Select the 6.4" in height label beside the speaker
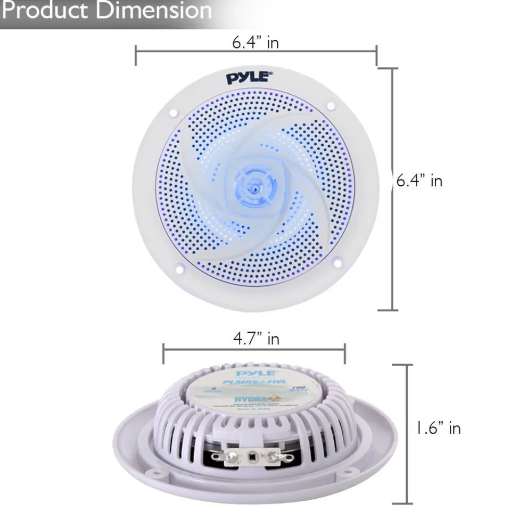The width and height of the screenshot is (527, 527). click(x=419, y=181)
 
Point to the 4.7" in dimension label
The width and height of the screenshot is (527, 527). click(x=256, y=339)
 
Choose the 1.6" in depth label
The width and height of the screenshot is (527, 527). click(x=439, y=427)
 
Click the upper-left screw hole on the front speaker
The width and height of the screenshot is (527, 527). click(x=174, y=113)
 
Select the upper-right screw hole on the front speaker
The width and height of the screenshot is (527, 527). click(x=331, y=106)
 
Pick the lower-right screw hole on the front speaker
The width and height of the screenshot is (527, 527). click(x=337, y=262)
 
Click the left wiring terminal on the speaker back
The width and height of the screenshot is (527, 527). click(x=231, y=456)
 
